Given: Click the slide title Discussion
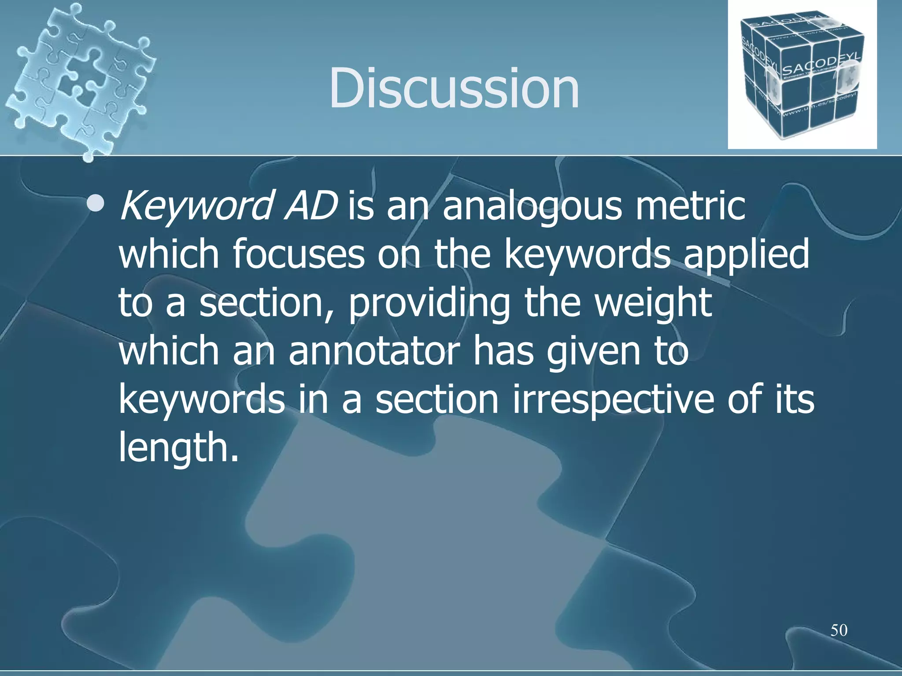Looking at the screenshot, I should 454,88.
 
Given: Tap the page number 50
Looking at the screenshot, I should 839,630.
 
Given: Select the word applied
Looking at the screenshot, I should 746,255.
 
